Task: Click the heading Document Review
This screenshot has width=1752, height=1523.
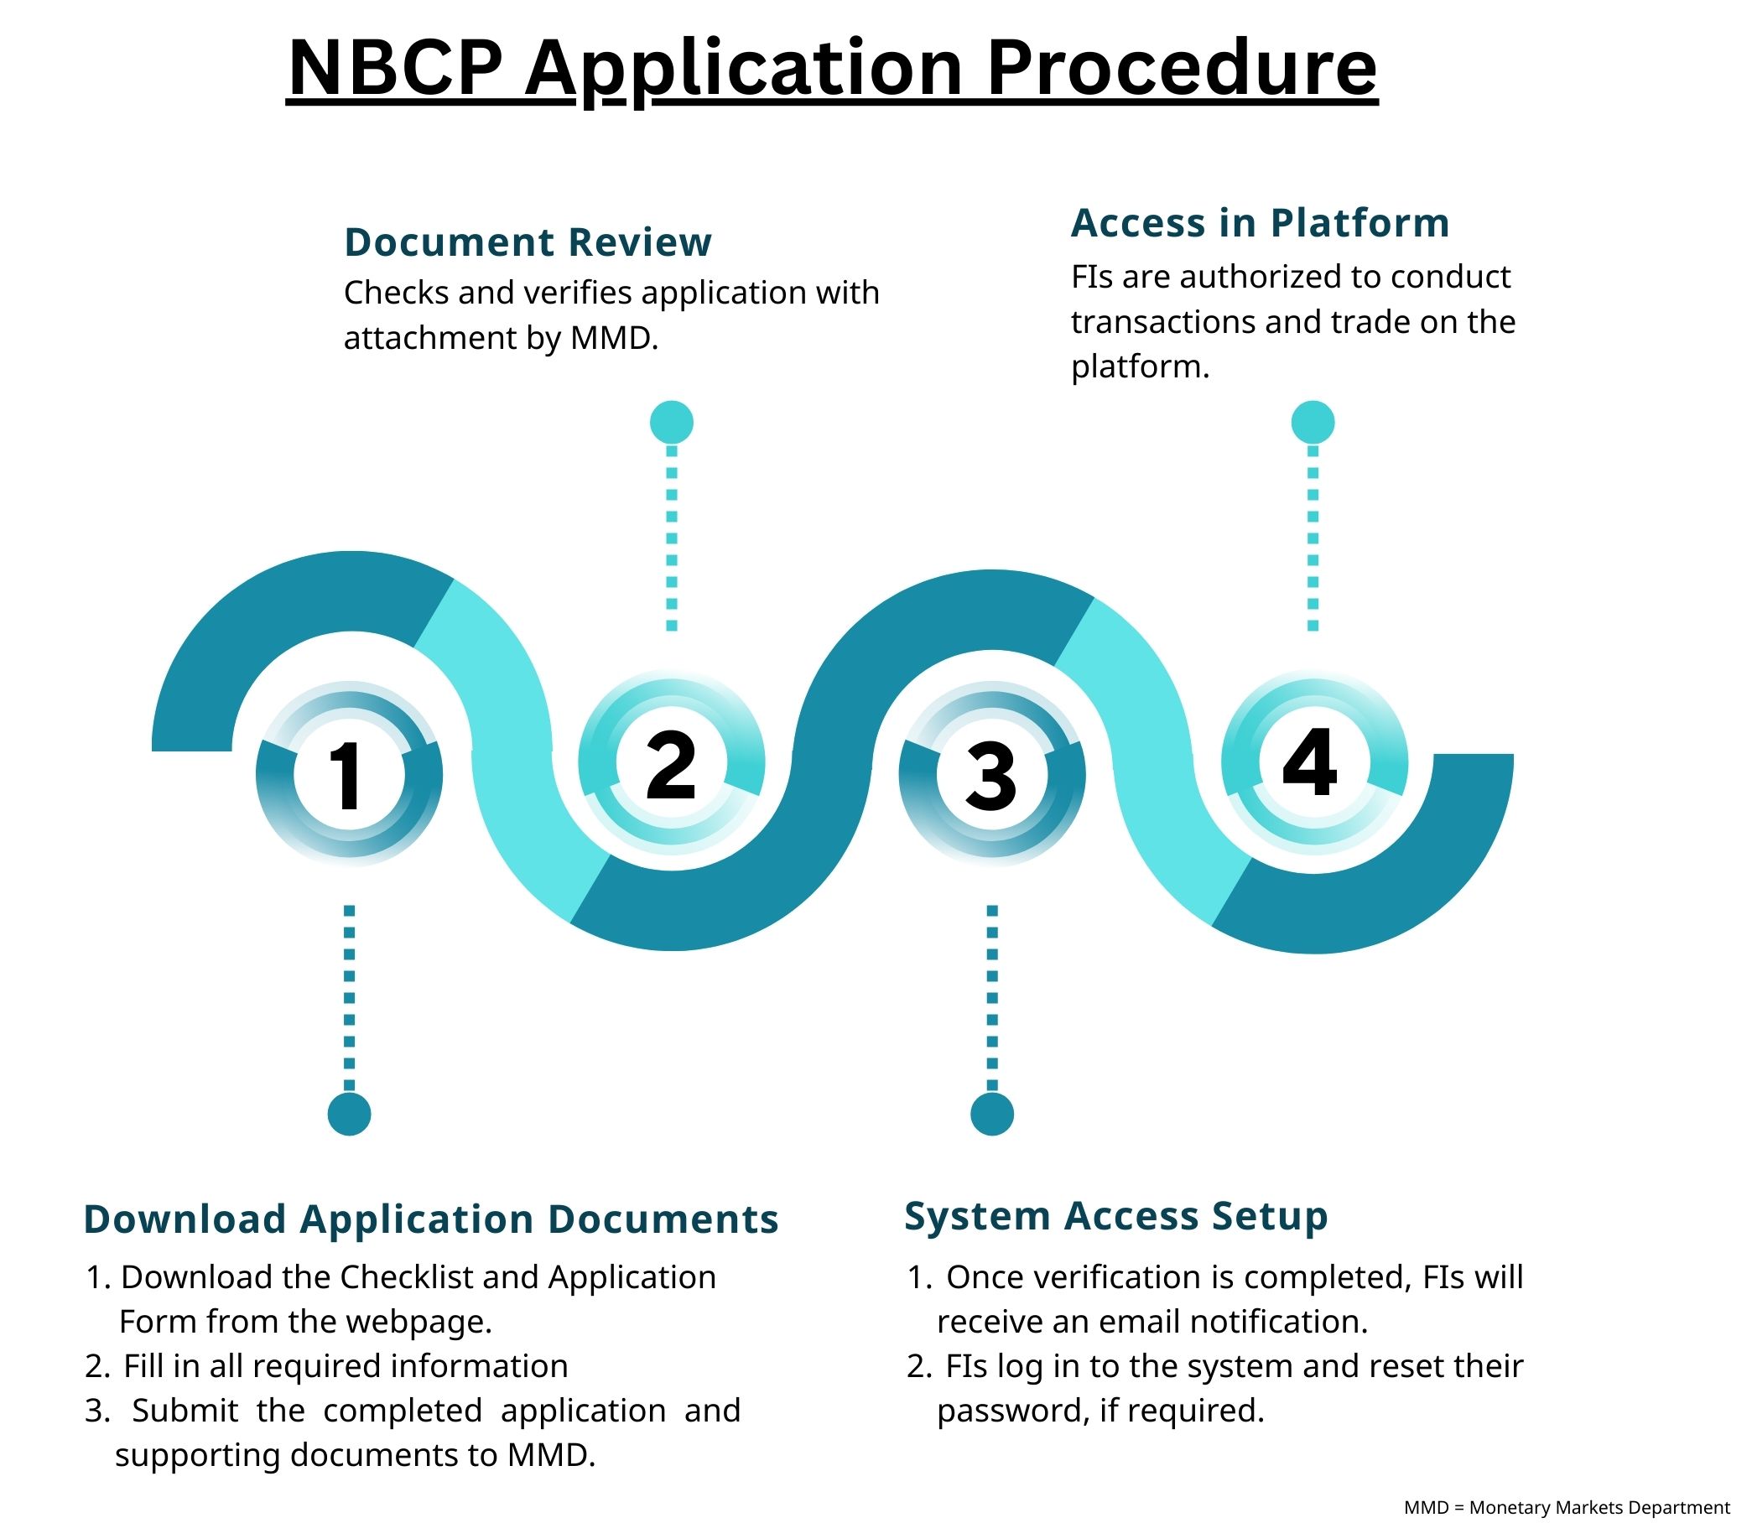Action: [527, 242]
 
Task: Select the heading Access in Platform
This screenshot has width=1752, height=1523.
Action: [1260, 223]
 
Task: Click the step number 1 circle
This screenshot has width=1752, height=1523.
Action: [349, 775]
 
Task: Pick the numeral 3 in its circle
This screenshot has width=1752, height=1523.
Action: [991, 775]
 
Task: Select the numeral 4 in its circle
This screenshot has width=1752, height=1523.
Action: [1310, 762]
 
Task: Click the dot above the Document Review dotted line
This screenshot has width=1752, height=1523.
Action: [672, 422]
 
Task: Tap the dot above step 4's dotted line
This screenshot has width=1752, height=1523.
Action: [1313, 422]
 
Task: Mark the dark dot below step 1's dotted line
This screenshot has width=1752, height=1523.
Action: [349, 1114]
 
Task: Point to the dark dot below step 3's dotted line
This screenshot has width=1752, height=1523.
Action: [992, 1114]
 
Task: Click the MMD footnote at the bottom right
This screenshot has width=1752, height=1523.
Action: [1567, 1507]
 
